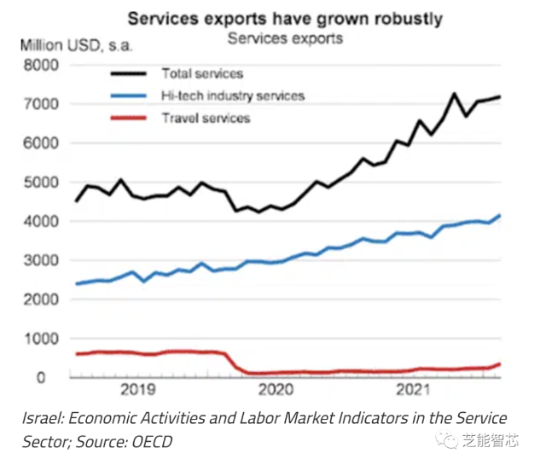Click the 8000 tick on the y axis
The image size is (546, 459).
point(43,65)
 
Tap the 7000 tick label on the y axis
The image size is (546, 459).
point(43,104)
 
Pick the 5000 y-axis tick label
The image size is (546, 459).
point(43,183)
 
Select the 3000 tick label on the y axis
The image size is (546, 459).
point(43,260)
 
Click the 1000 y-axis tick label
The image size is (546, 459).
point(43,339)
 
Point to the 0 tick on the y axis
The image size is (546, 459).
point(53,377)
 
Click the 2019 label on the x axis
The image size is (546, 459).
point(138,390)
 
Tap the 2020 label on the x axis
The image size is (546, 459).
point(276,390)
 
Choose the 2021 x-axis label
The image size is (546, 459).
point(411,390)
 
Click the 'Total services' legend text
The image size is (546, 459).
point(202,75)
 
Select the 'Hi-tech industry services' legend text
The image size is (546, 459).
point(233,96)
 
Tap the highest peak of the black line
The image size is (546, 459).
point(454,94)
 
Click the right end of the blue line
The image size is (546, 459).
point(500,216)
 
